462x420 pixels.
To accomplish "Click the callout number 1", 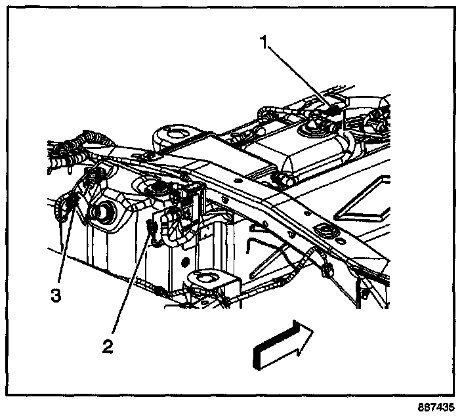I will [265, 44].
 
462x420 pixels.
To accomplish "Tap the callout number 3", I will [56, 296].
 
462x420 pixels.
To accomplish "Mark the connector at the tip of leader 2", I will [152, 230].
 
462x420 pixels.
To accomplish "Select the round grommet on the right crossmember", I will [324, 230].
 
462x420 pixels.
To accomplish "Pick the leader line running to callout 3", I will [66, 243].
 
